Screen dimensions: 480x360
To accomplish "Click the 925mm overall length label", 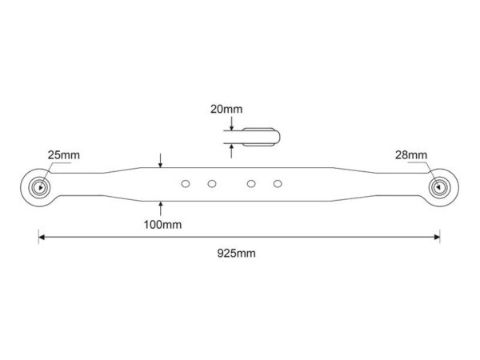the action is tap(236, 254).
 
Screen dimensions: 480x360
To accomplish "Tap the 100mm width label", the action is tap(162, 225).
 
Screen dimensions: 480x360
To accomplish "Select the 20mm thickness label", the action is tap(226, 110).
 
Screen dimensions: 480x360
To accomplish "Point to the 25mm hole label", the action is tap(64, 155).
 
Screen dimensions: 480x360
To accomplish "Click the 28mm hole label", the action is tap(411, 155).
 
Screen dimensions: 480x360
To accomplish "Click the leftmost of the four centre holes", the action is tap(186, 184).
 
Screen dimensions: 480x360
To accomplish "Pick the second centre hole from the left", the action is tap(212, 184).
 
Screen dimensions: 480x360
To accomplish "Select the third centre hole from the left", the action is tap(251, 184).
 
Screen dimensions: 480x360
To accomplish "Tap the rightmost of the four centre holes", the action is tap(278, 184).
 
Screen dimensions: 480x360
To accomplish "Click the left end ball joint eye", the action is tap(39, 187).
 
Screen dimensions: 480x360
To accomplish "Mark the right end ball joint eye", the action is tap(439, 187).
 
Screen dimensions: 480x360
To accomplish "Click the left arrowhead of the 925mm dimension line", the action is tap(42, 238).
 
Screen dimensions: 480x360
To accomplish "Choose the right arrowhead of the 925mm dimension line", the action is tap(437, 238).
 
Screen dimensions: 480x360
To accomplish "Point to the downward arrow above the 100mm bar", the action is tap(161, 161).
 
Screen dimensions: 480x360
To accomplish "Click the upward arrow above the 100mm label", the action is tap(161, 209).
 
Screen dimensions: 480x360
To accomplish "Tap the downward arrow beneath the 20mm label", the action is tap(232, 124).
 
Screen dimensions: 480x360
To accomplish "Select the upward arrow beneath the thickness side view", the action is tap(231, 151).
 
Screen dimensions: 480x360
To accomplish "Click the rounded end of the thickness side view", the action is tap(278, 137).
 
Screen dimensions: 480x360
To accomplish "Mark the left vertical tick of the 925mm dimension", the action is tap(38, 236).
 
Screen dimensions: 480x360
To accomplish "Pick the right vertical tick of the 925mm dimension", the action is tap(440, 236).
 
